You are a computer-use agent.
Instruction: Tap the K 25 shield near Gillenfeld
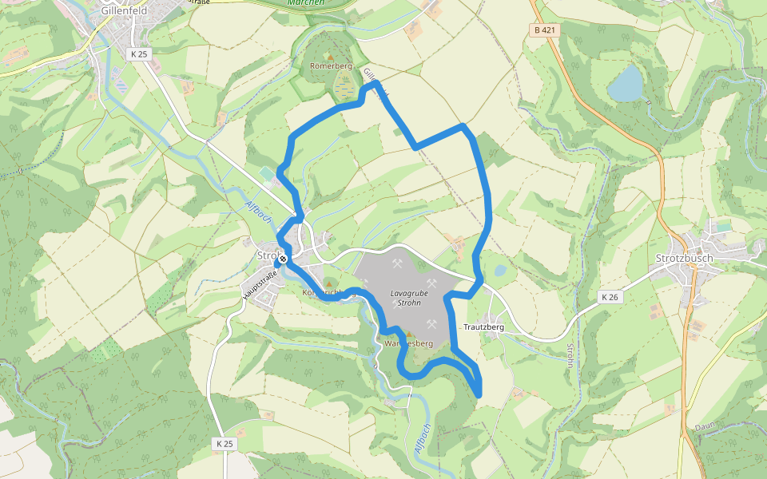(x=138, y=53)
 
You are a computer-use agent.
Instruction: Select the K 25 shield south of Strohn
(x=224, y=442)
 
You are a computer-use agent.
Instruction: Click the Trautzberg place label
(x=483, y=327)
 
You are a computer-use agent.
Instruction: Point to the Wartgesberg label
(x=408, y=343)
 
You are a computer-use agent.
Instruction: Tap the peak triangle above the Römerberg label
(x=330, y=57)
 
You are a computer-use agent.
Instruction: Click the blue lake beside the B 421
(x=626, y=84)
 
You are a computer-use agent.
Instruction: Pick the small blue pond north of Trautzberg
(x=500, y=271)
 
